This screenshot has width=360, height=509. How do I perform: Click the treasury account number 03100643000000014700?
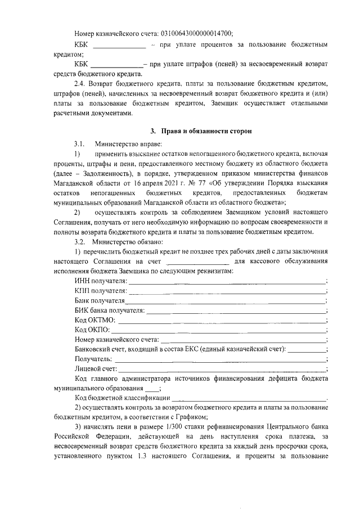click(197, 33)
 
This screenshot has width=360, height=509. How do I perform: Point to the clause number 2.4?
click(82, 83)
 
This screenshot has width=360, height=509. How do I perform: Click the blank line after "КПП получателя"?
click(227, 291)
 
